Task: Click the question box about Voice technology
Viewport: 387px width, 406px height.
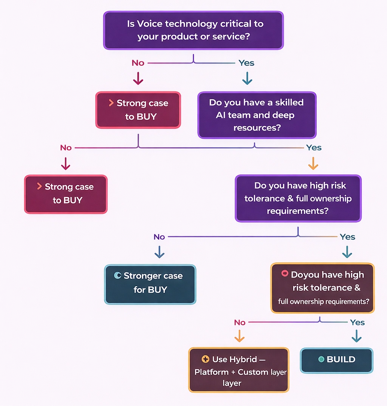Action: (193, 30)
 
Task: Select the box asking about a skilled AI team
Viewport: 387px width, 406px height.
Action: (257, 115)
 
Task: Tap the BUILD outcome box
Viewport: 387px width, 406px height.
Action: (336, 360)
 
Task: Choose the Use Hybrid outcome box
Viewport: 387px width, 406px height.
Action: (238, 370)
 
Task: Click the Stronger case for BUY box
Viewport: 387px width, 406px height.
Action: (150, 284)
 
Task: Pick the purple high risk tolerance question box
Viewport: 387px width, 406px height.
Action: (298, 198)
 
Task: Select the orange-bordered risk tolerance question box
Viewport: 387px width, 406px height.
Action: (322, 288)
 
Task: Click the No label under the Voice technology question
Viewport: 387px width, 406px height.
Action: (138, 63)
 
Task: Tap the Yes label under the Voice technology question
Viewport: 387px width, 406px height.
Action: (246, 63)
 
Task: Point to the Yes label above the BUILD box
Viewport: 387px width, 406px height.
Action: (357, 323)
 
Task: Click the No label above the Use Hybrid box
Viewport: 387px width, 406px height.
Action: (240, 323)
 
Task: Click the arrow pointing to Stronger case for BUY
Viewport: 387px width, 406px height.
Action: (159, 252)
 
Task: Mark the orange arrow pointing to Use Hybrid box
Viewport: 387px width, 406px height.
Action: (239, 336)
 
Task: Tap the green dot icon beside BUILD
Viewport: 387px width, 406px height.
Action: (321, 360)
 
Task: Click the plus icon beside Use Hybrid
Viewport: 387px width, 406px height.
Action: (206, 359)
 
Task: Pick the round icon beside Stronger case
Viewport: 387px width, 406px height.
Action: (118, 276)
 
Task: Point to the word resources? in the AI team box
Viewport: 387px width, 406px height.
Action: (257, 128)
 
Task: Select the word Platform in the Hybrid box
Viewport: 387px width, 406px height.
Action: (211, 372)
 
